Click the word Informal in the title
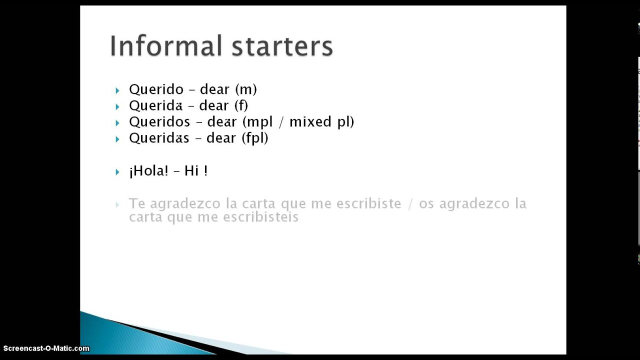[x=166, y=45]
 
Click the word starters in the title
[x=282, y=46]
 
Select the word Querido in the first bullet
[x=156, y=89]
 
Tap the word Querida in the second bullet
[x=155, y=106]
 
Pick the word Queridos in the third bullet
[x=159, y=122]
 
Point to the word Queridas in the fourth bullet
[x=159, y=138]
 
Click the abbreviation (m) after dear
[x=246, y=89]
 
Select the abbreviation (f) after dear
[x=241, y=106]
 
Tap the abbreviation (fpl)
[x=255, y=138]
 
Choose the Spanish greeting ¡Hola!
[x=148, y=171]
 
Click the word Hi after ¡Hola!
[x=191, y=171]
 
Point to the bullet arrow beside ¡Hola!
[x=117, y=172]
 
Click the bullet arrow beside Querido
[x=117, y=91]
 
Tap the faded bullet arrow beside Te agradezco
[x=117, y=204]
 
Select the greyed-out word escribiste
[x=369, y=203]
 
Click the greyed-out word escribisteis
[x=260, y=217]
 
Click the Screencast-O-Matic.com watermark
[x=46, y=348]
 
